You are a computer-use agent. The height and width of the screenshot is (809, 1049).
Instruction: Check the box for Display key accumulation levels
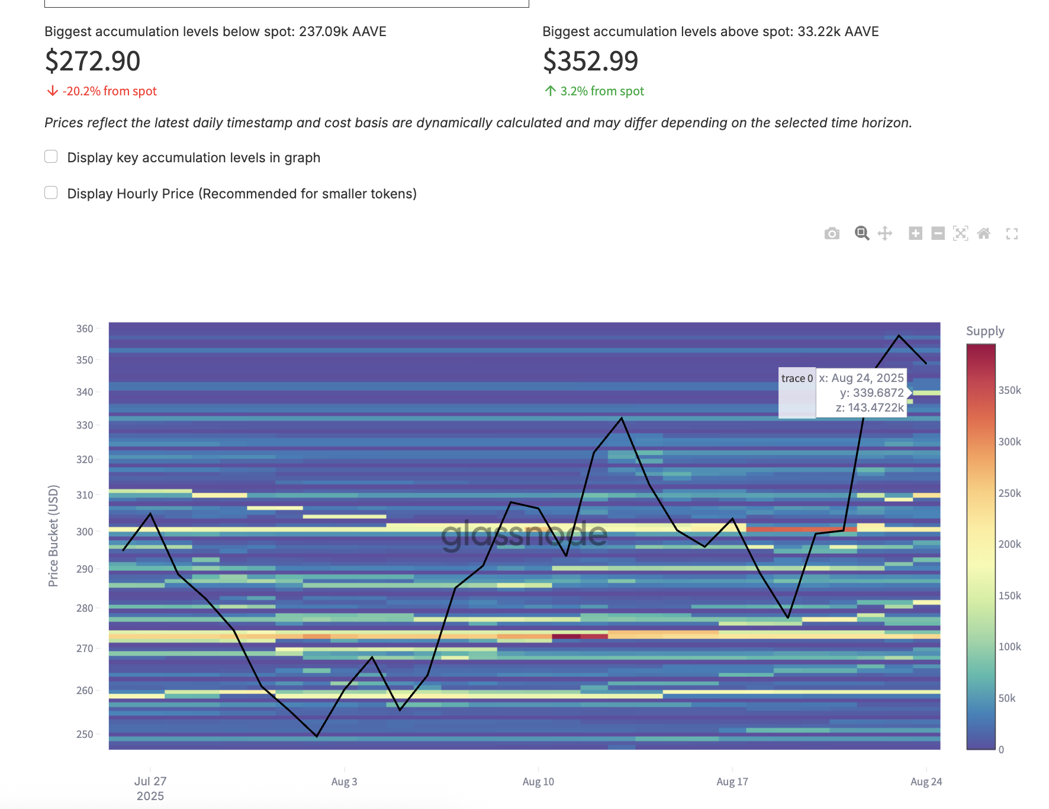(x=51, y=156)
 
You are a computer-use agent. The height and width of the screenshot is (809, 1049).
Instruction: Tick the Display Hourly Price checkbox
(x=51, y=192)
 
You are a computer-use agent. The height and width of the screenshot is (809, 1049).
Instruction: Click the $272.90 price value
(x=92, y=61)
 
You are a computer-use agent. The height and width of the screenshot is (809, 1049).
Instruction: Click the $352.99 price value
(x=590, y=61)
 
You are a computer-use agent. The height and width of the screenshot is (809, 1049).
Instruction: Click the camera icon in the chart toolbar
(x=832, y=233)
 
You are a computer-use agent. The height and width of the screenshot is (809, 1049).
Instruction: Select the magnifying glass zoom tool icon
(x=862, y=233)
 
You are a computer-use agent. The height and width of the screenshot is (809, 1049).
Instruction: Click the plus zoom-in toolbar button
(x=915, y=233)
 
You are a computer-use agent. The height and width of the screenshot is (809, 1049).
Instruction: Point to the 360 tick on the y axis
(x=85, y=329)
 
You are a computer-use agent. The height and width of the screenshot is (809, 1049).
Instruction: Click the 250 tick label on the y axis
(x=85, y=734)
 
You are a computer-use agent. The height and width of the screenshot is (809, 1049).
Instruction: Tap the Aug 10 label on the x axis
(x=538, y=782)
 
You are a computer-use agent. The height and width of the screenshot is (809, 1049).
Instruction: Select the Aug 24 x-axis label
(x=926, y=782)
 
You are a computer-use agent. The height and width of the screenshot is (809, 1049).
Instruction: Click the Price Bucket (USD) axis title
(x=53, y=536)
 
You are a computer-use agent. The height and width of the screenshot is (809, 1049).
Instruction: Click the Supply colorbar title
(x=985, y=331)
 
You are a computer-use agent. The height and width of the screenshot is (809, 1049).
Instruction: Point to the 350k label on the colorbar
(x=1009, y=390)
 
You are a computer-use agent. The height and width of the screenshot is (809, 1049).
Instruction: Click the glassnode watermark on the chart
(x=524, y=535)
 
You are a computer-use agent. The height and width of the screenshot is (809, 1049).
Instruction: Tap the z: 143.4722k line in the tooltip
(x=869, y=407)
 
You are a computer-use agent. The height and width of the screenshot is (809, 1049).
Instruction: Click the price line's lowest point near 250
(x=317, y=736)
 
